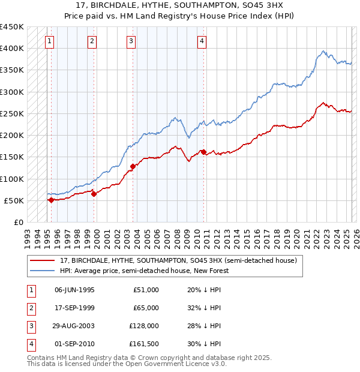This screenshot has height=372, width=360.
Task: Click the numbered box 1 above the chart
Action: (49, 41)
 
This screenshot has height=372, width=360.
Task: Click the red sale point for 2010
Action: (204, 152)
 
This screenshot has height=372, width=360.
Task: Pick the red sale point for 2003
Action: (133, 167)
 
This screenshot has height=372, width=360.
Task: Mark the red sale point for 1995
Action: (51, 200)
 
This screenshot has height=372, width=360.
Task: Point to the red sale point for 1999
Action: (94, 194)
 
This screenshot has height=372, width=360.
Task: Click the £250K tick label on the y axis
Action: (11, 113)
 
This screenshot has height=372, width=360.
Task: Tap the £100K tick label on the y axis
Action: (11, 179)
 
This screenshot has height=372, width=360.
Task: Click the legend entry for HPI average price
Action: (145, 271)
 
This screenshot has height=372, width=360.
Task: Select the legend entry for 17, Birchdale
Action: (178, 261)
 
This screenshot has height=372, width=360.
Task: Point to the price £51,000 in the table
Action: (146, 289)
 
